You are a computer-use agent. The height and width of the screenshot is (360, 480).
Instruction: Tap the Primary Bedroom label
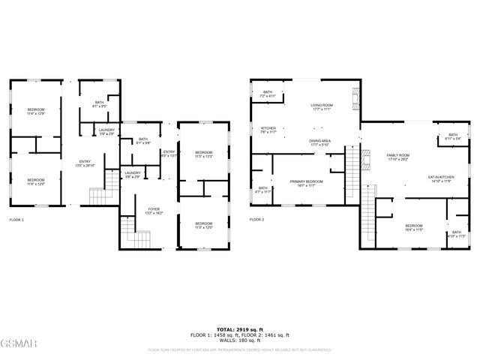307,183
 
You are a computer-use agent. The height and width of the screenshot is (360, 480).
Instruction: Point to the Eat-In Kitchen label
441,178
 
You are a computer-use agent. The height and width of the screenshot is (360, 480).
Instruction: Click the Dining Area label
321,142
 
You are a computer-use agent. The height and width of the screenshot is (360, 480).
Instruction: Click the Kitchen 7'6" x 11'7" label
268,130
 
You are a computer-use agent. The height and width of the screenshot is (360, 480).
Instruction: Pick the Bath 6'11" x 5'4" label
452,136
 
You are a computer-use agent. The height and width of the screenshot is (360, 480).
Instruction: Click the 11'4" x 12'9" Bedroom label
37,112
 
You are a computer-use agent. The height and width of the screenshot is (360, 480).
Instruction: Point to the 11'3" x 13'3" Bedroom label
204,154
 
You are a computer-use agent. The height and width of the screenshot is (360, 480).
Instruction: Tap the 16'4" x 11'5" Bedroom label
414,228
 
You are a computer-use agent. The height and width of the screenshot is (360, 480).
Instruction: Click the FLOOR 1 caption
16,220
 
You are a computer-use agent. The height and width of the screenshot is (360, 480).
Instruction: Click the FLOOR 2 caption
257,220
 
